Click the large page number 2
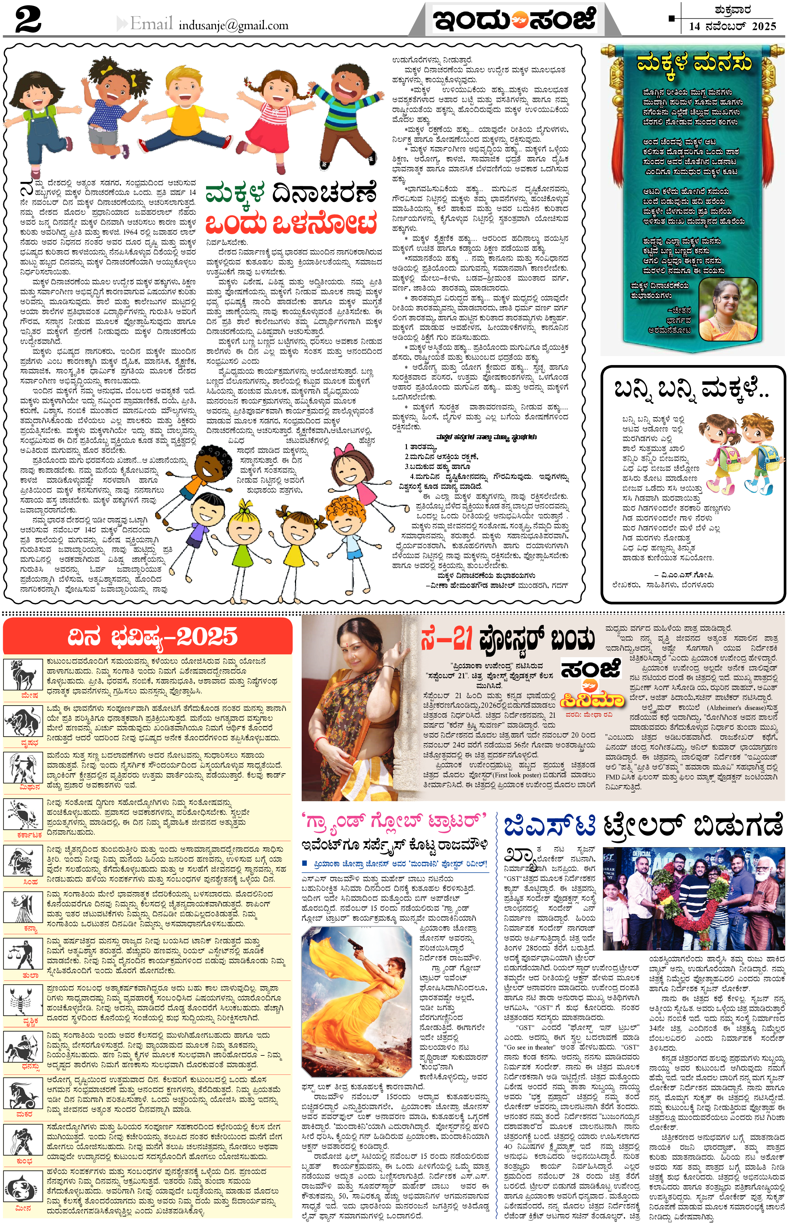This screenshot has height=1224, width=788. [28, 20]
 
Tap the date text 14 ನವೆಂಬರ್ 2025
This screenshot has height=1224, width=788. [732, 26]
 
